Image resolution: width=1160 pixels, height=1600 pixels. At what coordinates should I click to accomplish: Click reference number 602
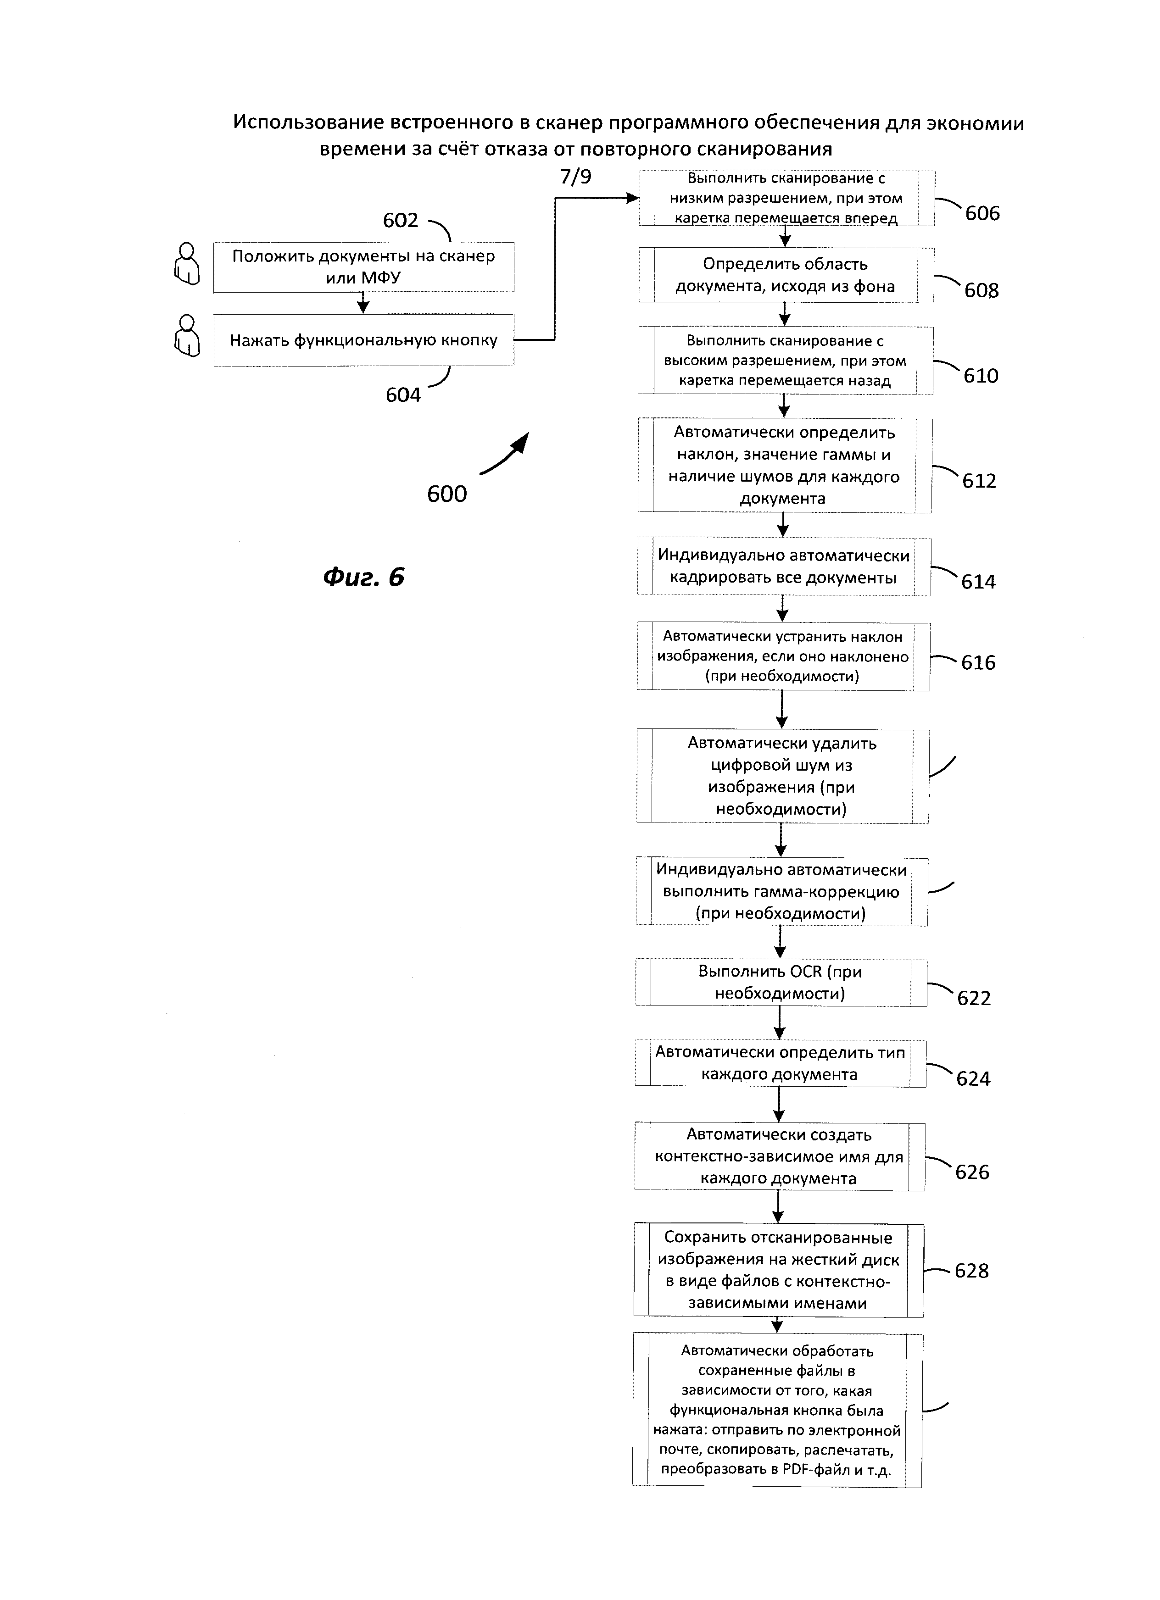coord(400,221)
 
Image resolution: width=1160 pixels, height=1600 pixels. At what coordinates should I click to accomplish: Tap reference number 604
coord(403,395)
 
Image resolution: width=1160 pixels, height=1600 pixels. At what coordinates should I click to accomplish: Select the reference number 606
coord(982,213)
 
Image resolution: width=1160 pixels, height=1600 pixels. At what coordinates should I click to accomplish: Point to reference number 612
coord(979,481)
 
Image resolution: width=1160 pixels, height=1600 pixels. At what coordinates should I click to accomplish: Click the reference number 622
coord(974,998)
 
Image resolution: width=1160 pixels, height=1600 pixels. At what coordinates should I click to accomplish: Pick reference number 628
coord(971,1271)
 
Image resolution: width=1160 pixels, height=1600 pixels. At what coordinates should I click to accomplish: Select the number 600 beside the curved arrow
coord(446,494)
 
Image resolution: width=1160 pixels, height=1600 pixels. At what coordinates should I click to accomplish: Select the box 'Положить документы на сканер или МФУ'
coord(363,267)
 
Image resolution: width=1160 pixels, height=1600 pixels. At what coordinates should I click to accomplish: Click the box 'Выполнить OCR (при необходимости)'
coord(781,983)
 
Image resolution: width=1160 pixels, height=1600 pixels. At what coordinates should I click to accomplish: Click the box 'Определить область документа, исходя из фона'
coord(786,275)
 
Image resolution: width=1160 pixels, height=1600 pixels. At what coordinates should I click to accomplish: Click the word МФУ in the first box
coord(381,278)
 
